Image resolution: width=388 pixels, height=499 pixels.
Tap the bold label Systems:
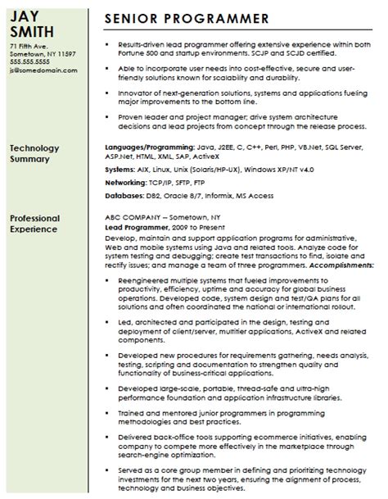click(x=120, y=168)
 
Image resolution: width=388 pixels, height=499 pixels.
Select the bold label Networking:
click(x=126, y=184)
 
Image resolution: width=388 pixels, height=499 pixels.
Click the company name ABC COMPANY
click(x=133, y=219)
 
